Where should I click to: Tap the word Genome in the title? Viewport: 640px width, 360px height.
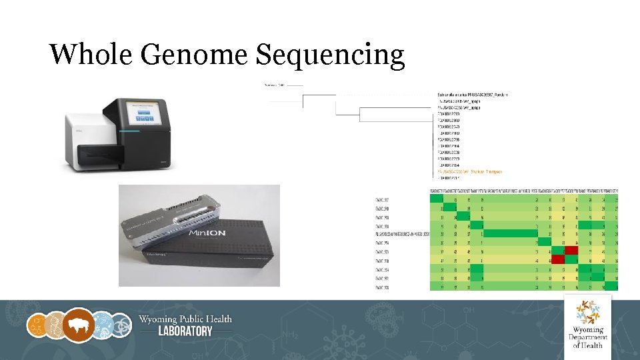point(193,54)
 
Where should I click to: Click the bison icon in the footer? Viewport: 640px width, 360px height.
point(79,325)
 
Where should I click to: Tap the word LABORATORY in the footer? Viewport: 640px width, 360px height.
point(185,331)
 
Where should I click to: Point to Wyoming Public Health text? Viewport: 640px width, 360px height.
point(185,319)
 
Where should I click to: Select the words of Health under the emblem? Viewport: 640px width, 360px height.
point(587,345)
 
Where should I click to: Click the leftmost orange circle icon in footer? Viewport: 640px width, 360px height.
point(37,325)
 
